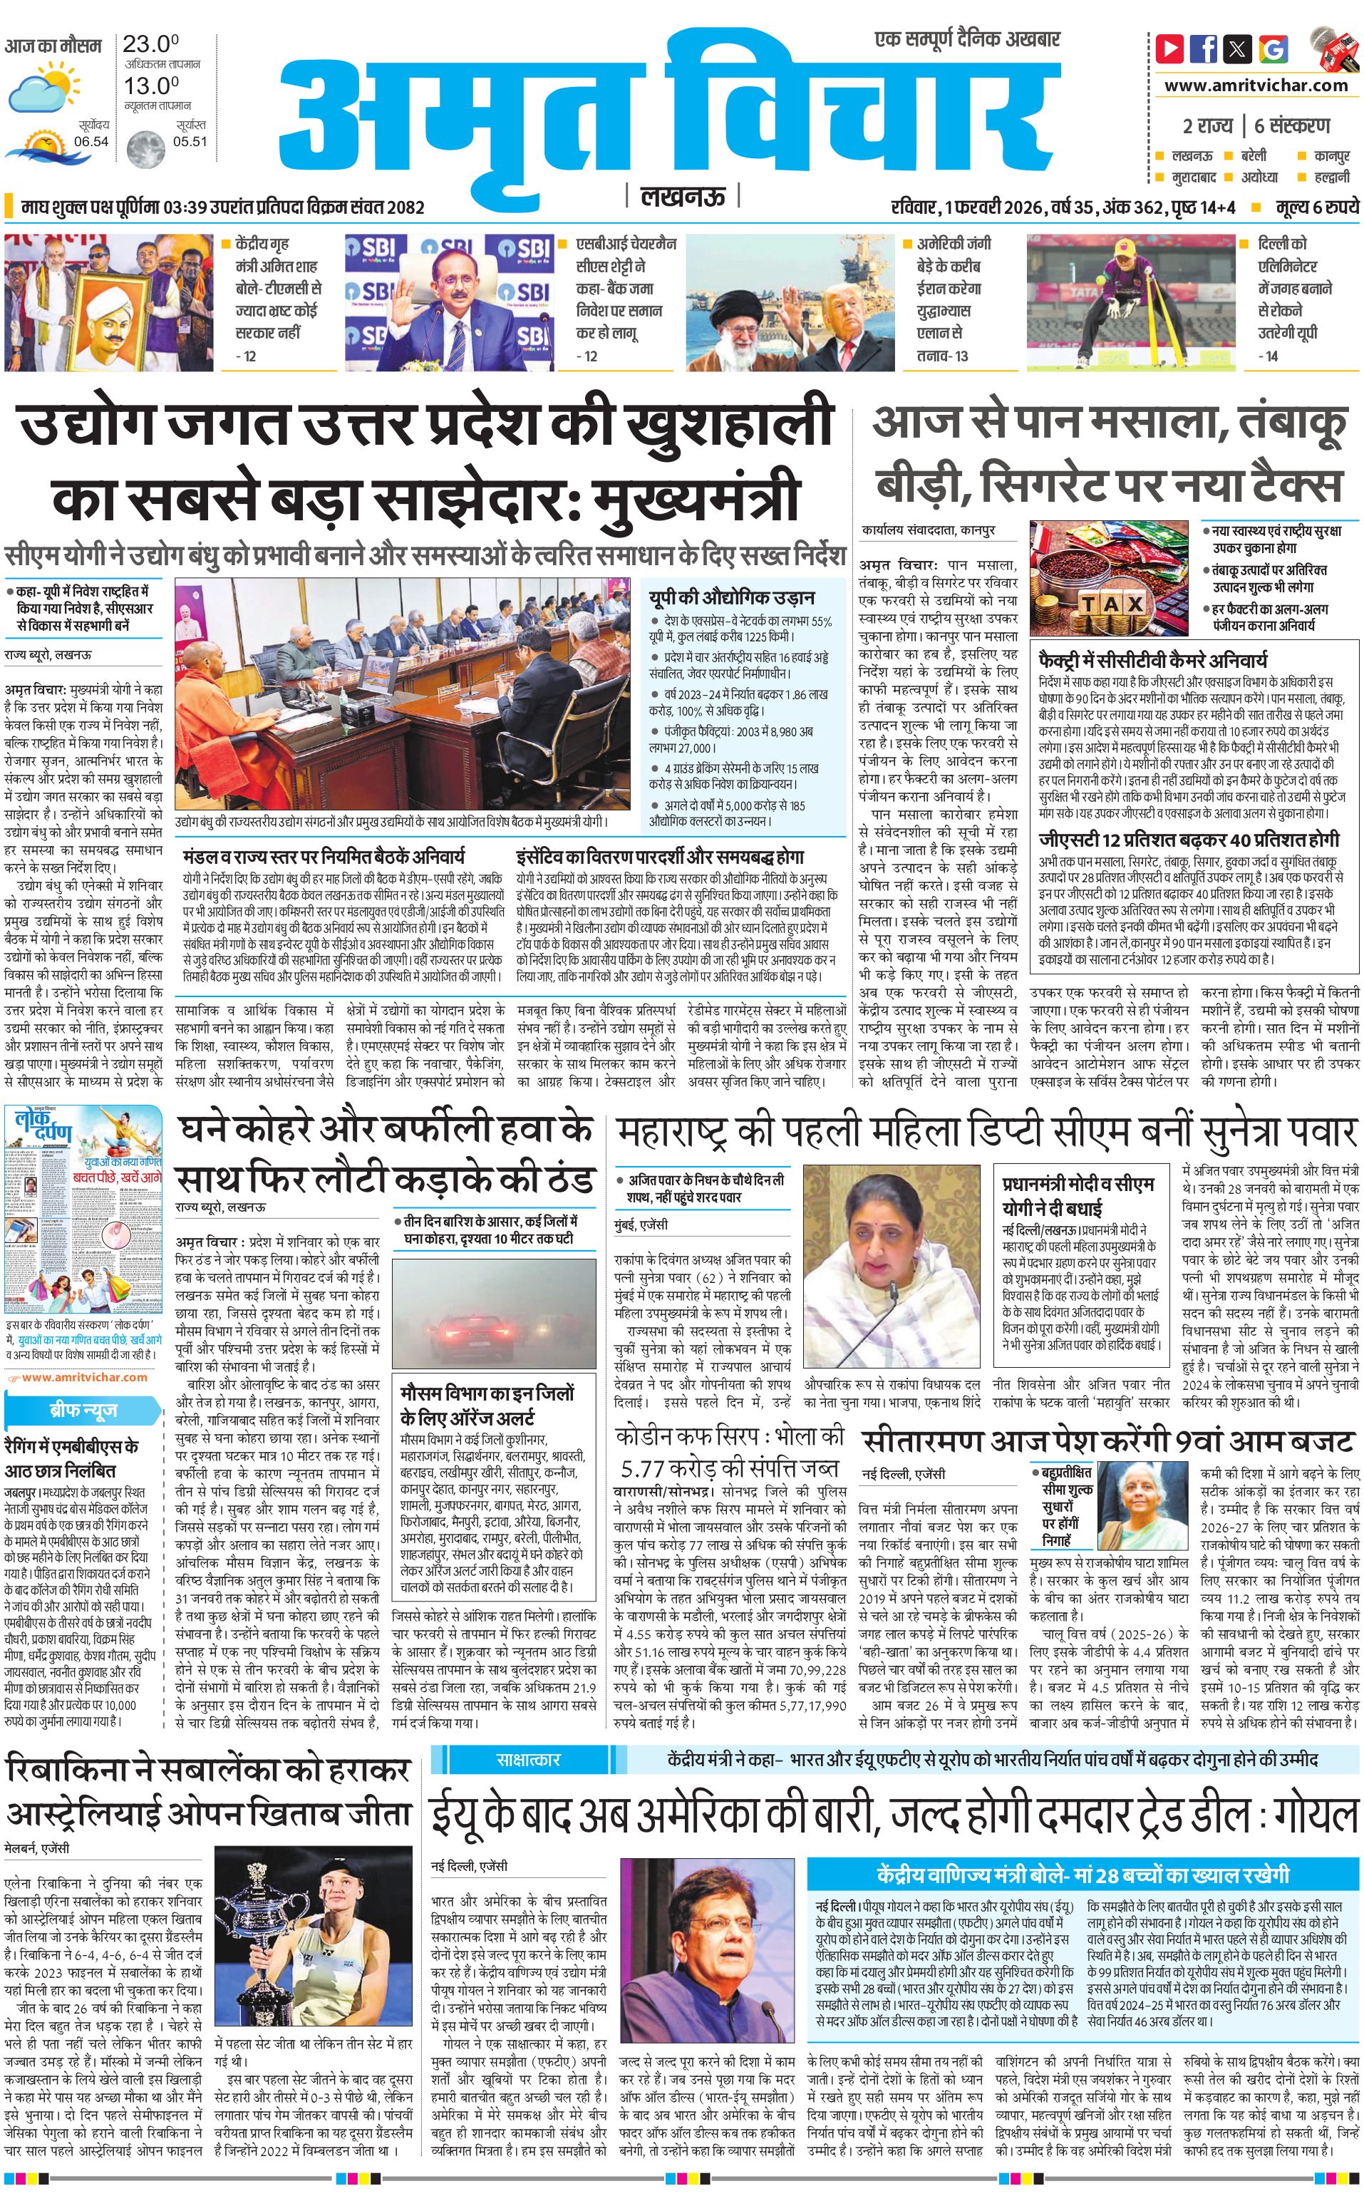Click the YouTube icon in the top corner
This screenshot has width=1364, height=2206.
coord(1170,48)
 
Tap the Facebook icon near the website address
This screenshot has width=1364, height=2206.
coord(1204,48)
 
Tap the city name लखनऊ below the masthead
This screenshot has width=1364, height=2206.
coord(681,196)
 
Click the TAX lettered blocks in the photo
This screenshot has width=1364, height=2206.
coord(1112,604)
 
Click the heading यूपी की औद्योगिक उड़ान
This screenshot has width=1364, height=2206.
coord(732,597)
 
